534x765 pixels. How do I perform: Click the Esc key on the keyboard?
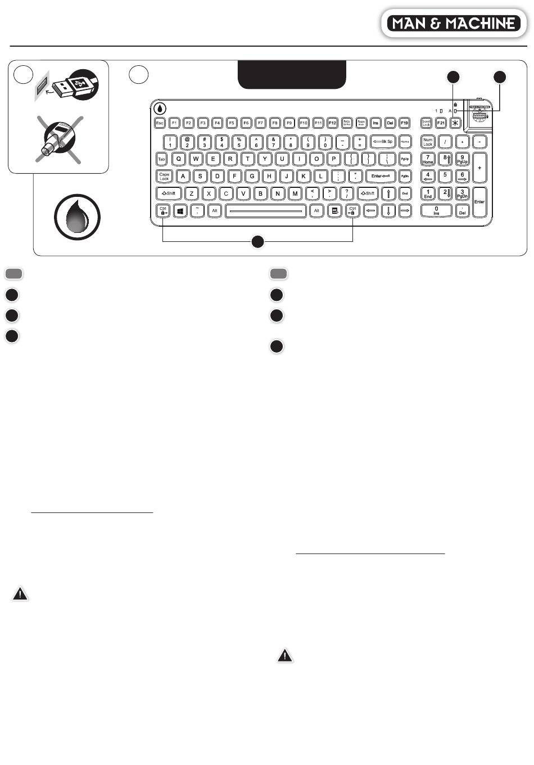tap(160, 123)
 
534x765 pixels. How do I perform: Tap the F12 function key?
tap(332, 123)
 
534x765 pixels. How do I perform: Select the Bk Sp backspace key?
tap(383, 142)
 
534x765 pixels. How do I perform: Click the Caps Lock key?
tap(164, 176)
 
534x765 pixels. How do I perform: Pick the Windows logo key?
tap(180, 211)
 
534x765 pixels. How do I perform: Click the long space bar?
tap(265, 211)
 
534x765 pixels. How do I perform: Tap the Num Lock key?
tap(428, 142)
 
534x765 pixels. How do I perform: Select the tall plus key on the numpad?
tap(479, 168)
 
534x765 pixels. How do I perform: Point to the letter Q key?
tap(179, 159)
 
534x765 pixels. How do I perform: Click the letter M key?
tap(295, 193)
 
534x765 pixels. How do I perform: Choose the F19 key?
tap(404, 123)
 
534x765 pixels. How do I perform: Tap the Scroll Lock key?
tap(426, 123)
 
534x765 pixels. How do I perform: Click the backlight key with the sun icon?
tap(455, 123)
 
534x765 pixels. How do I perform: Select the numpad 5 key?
tap(445, 176)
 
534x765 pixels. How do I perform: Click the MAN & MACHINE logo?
tap(454, 23)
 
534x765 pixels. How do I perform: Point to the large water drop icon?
tap(77, 217)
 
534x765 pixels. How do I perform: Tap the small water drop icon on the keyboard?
tap(160, 108)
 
